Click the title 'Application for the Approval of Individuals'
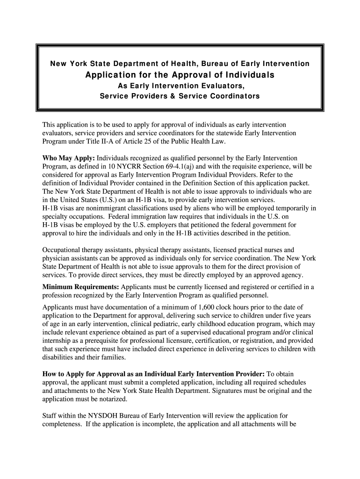tap(180, 75)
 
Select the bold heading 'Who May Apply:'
tap(69, 159)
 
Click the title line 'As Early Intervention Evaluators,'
tap(180, 87)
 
